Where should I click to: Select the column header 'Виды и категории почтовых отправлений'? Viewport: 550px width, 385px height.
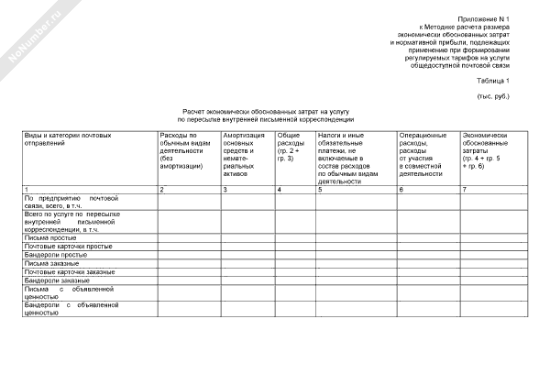(x=59, y=139)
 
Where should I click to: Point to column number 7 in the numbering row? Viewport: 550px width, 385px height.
(x=465, y=189)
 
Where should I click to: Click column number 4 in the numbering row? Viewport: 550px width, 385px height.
(x=279, y=189)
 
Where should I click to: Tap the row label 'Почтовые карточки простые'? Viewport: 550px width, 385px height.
(x=68, y=247)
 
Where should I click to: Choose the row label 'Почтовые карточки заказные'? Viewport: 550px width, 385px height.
(x=70, y=272)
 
